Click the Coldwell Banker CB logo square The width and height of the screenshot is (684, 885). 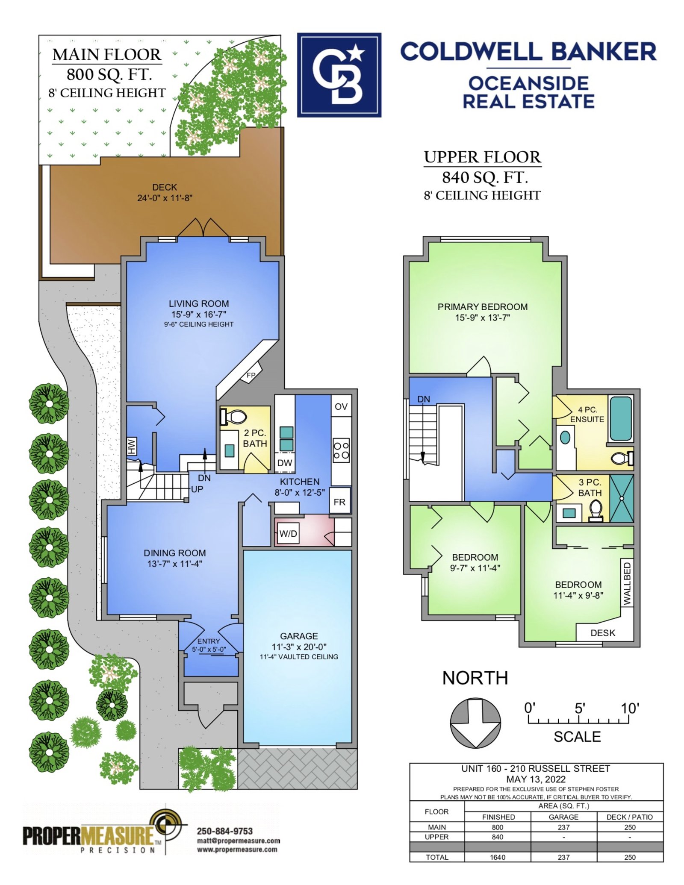pyautogui.click(x=339, y=75)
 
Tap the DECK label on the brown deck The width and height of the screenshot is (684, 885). pyautogui.click(x=165, y=187)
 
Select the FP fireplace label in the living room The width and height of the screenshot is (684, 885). pyautogui.click(x=251, y=375)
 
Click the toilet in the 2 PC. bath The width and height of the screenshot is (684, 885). pyautogui.click(x=233, y=417)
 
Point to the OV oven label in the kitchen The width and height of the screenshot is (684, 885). pyautogui.click(x=341, y=406)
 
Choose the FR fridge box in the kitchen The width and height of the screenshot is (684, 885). pyautogui.click(x=340, y=501)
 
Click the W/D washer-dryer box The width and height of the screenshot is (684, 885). pyautogui.click(x=288, y=533)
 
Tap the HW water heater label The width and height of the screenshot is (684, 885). pyautogui.click(x=132, y=446)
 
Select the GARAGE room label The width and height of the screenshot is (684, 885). pyautogui.click(x=299, y=636)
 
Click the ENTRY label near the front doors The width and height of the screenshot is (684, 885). pyautogui.click(x=209, y=641)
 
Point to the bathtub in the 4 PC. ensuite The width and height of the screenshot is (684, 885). pyautogui.click(x=620, y=418)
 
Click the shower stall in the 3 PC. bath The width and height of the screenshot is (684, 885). pyautogui.click(x=621, y=498)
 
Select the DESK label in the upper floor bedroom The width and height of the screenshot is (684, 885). pyautogui.click(x=603, y=633)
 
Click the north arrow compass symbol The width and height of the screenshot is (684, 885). pyautogui.click(x=475, y=723)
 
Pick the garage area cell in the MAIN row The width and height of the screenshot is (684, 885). pyautogui.click(x=563, y=827)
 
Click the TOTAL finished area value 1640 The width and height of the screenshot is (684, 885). pyautogui.click(x=498, y=857)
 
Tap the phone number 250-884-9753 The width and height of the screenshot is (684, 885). pyautogui.click(x=225, y=831)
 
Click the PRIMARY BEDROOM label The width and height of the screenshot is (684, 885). pyautogui.click(x=483, y=307)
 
